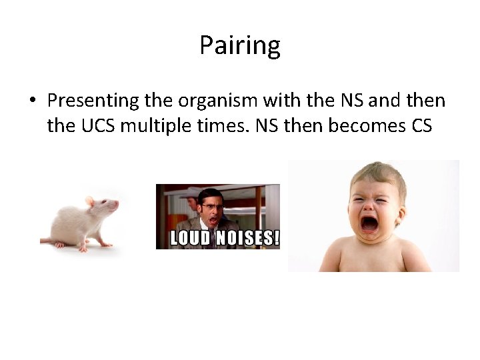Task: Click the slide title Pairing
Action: click(239, 46)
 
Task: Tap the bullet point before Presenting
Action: click(32, 101)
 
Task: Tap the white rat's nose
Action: click(117, 206)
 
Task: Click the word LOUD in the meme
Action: click(193, 239)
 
